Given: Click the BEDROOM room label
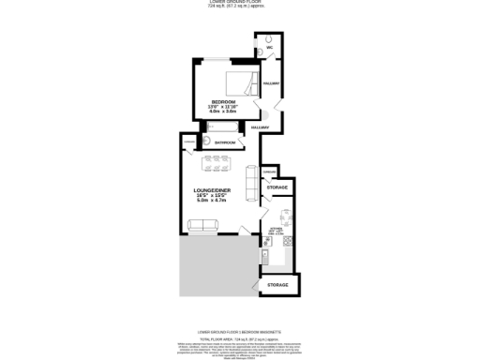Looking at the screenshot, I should click(222, 101).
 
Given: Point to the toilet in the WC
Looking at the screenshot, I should click(269, 38).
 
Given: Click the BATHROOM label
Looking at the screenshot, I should click(225, 142).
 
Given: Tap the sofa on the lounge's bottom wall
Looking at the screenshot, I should click(202, 226).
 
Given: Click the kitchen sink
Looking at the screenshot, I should click(266, 254).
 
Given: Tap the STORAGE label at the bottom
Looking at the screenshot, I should click(277, 283).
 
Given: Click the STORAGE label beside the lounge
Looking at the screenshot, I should click(277, 187).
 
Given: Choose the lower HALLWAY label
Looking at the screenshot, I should click(260, 127).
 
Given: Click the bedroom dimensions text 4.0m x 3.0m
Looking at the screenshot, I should click(222, 112).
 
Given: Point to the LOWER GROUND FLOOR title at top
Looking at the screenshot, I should click(240, 3).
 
